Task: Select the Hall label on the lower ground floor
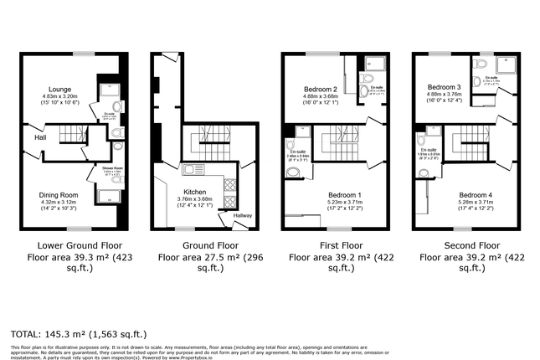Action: click(40, 136)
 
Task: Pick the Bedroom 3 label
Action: click(444, 87)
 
